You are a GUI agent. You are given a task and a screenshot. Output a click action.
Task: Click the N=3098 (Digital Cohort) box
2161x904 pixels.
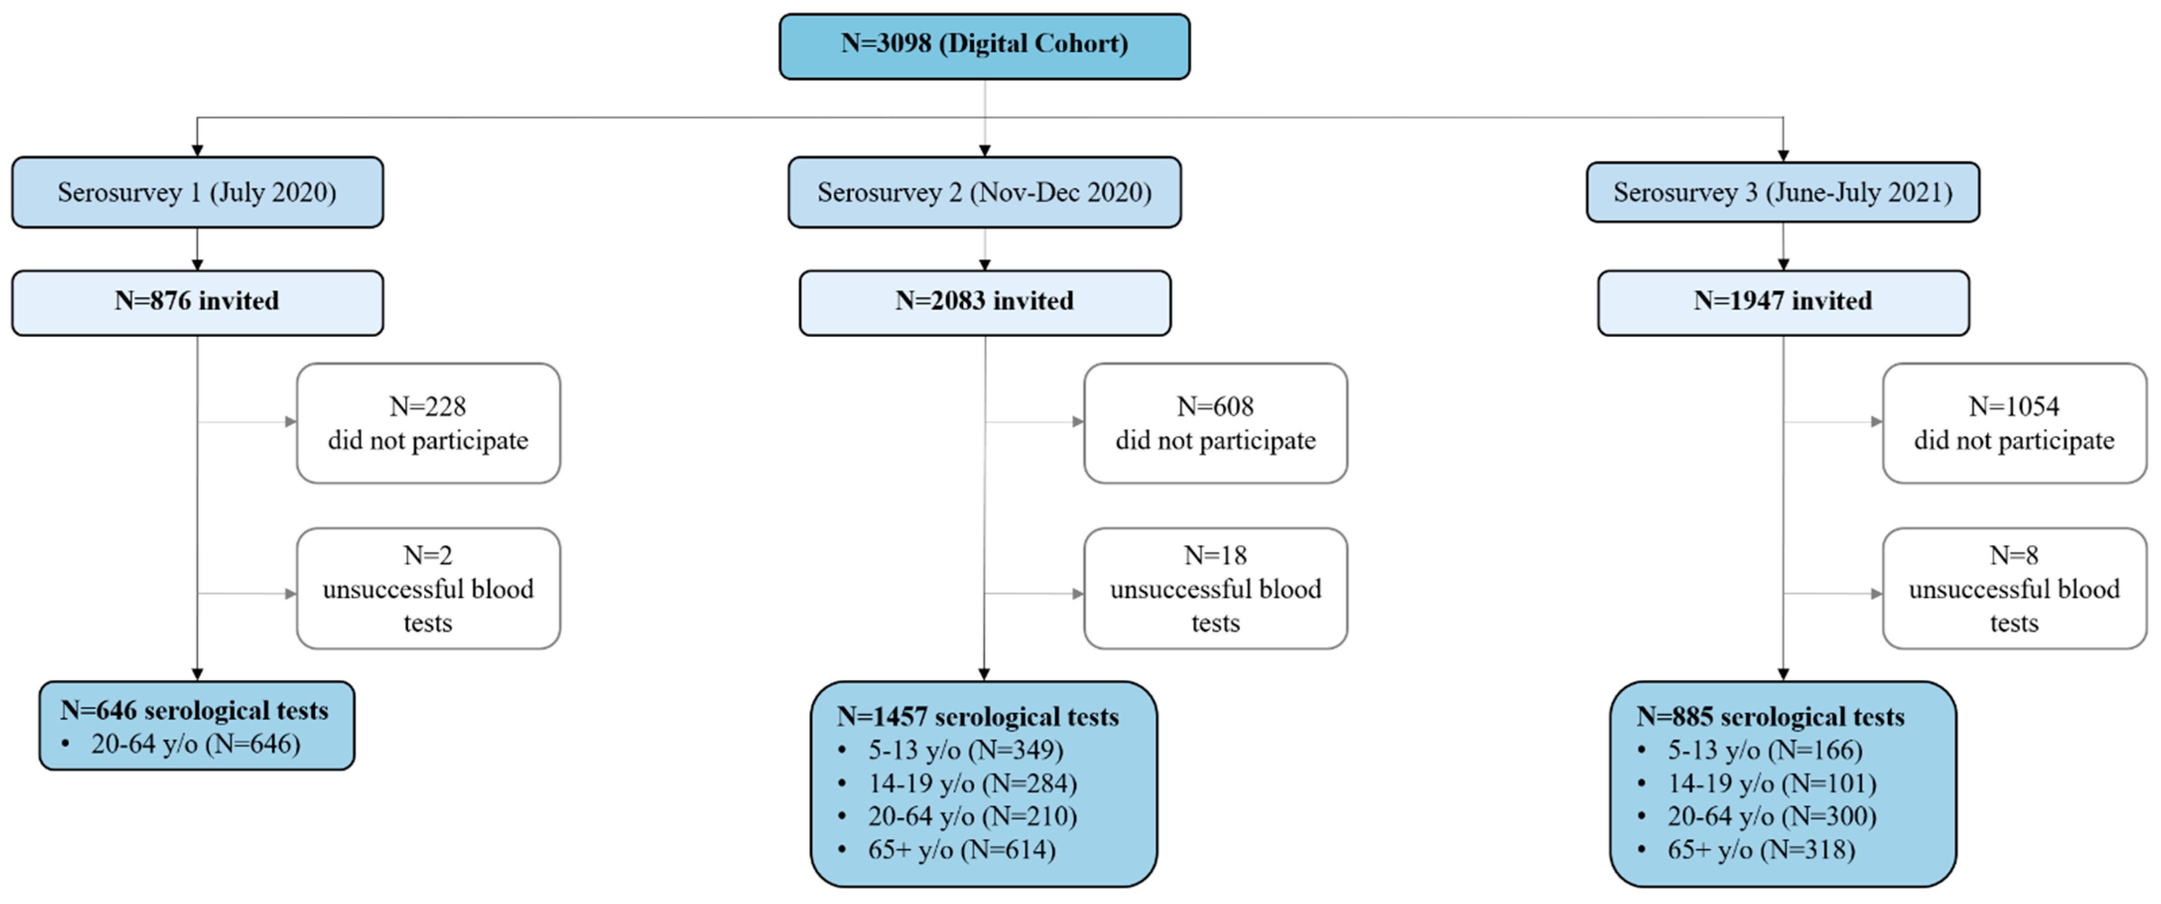984,46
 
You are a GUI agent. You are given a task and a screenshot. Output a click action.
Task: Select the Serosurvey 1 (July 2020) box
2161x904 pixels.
197,192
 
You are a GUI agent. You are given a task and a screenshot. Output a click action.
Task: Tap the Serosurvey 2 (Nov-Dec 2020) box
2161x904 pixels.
984,192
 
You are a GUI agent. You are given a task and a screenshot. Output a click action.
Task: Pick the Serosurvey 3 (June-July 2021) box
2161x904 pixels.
1782,192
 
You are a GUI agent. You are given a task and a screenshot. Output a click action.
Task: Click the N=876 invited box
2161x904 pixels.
197,302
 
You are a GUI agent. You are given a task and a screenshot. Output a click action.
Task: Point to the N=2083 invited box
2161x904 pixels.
984,302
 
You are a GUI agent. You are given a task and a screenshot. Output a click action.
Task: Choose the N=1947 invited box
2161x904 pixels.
1782,302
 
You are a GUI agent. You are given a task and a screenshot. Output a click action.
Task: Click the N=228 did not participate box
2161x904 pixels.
428,423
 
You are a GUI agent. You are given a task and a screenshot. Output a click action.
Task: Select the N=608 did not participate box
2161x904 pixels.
1215,423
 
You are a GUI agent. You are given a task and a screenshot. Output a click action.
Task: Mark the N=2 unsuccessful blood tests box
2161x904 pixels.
428,588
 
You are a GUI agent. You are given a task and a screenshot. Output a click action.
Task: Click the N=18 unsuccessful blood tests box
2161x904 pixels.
1215,588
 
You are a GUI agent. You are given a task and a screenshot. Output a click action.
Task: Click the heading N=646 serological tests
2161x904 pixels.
194,711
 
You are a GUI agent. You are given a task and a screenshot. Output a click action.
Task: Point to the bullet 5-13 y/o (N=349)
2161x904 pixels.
965,750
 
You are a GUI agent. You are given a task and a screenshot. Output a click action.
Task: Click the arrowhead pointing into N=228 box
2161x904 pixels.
290,421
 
